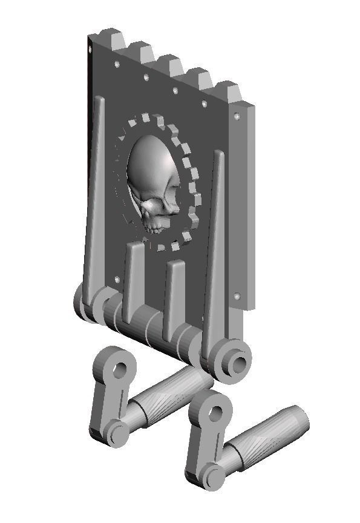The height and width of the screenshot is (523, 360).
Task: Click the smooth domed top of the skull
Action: pyautogui.click(x=148, y=160)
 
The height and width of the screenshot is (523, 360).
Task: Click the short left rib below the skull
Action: pyautogui.click(x=133, y=278)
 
